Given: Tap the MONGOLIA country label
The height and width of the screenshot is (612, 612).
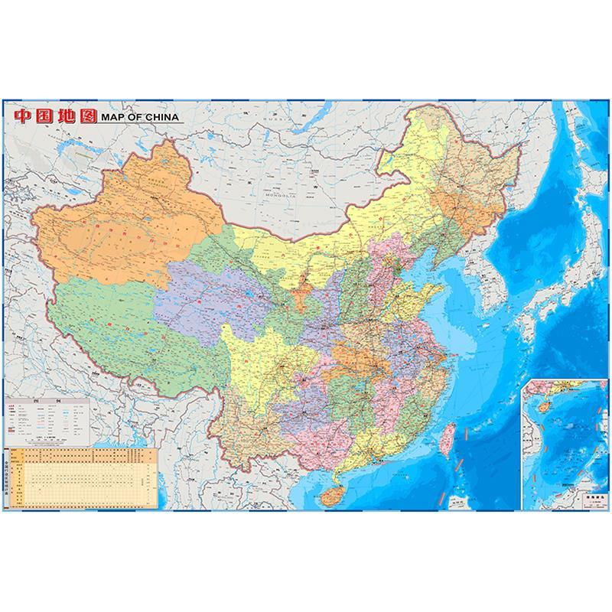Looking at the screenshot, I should tap(282, 196).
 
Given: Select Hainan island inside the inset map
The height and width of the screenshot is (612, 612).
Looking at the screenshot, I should tap(539, 408).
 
